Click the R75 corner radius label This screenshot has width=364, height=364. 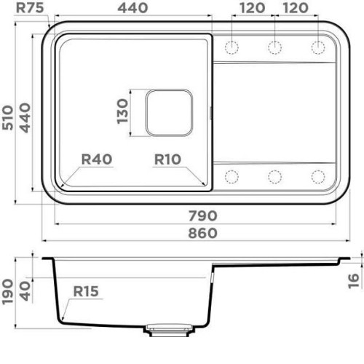[30, 8]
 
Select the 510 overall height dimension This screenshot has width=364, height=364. [7, 117]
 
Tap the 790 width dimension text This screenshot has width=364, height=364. [203, 215]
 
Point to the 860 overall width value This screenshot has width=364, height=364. [203, 233]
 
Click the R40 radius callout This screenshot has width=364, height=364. [97, 159]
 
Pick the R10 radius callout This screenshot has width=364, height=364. [167, 159]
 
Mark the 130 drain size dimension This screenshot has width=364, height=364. [122, 111]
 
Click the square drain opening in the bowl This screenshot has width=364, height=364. [169, 112]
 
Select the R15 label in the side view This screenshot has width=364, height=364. [86, 291]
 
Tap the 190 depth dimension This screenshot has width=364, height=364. [7, 292]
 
